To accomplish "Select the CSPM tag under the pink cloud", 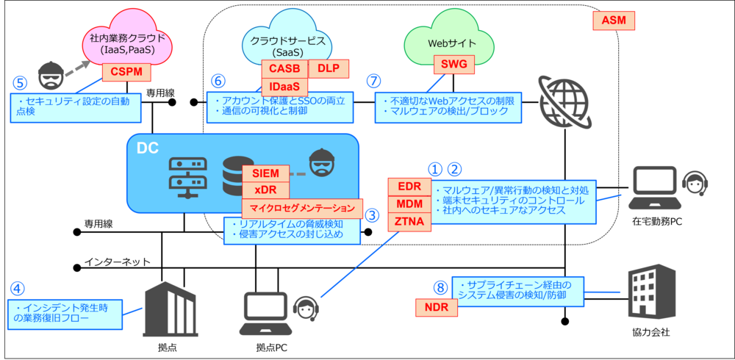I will [126, 71].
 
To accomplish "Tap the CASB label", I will [284, 68].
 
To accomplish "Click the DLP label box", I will [328, 68].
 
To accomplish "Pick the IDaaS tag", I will [284, 87].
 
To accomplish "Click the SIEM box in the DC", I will [266, 173].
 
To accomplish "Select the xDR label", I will [266, 190].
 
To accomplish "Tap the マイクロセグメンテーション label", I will [302, 208].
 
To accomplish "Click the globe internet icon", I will [564, 101].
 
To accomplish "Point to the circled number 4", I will [18, 289].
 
